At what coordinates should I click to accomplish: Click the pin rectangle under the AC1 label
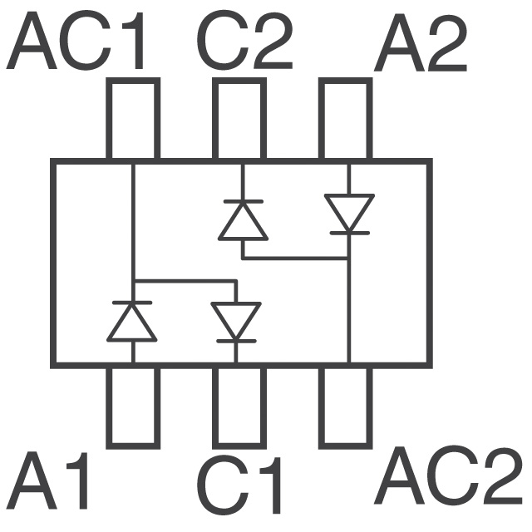tap(132, 119)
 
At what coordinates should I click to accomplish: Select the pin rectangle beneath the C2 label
tap(239, 119)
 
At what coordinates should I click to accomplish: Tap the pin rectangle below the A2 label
tap(346, 119)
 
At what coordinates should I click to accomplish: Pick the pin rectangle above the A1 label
tap(132, 406)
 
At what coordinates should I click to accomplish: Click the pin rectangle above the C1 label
tap(239, 406)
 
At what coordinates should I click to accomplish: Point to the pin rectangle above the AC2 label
tap(346, 406)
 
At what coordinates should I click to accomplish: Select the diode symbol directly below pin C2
tap(243, 220)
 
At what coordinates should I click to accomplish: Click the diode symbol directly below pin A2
tap(349, 214)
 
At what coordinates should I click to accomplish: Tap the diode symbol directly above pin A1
tap(132, 322)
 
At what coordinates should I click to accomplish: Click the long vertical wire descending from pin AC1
tap(133, 224)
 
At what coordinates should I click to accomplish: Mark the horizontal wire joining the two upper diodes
tap(295, 259)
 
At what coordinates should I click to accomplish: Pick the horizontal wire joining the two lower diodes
tap(185, 281)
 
